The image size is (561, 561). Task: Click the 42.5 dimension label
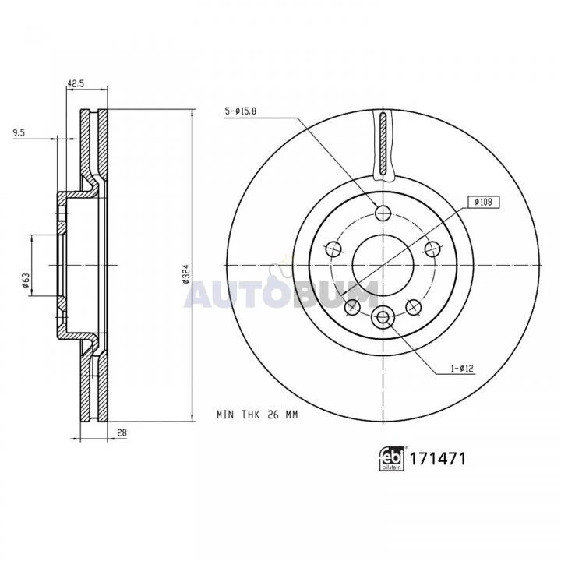76,83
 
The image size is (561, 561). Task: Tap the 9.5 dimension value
19,133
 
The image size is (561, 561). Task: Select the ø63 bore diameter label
26,280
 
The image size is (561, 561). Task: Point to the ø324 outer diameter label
185,274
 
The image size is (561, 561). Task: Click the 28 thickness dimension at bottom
122,432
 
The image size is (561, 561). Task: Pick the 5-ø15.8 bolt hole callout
241,111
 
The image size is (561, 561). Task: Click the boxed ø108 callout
483,202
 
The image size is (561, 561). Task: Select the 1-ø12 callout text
462,368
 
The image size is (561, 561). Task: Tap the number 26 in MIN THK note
273,415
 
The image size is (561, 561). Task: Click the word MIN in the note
225,415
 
